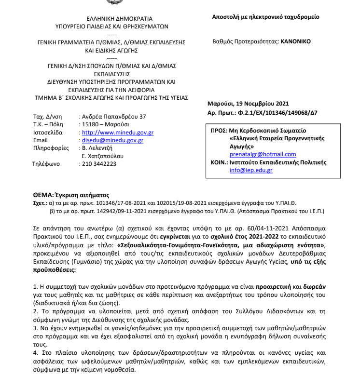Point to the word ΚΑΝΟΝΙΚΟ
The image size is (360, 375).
(296, 41)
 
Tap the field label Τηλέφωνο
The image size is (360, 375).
(45, 164)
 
